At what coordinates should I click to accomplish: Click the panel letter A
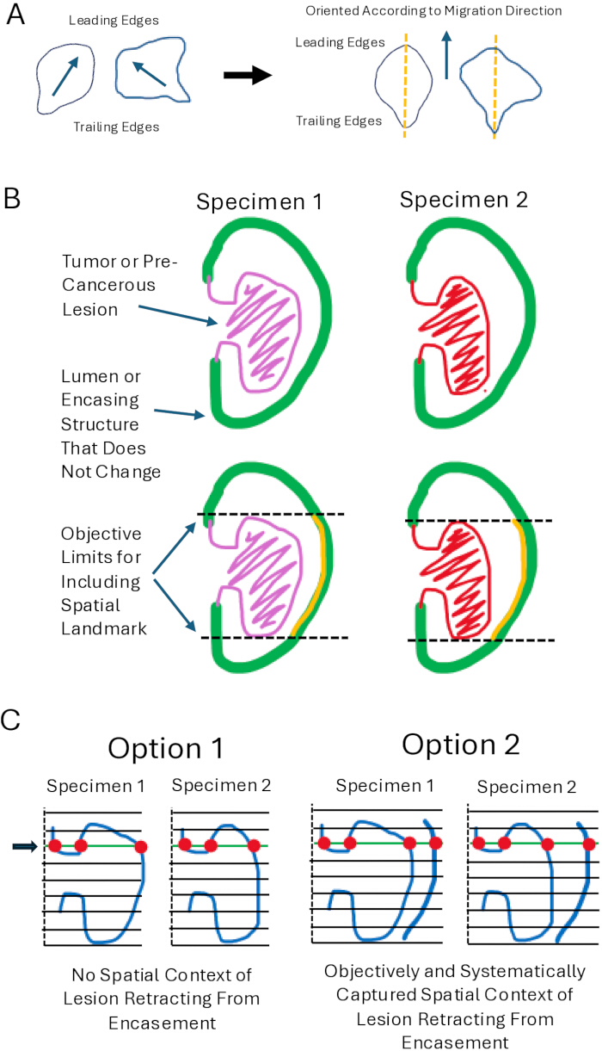pyautogui.click(x=15, y=14)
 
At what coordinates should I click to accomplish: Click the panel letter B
pyautogui.click(x=12, y=198)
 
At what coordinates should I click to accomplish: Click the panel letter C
pyautogui.click(x=11, y=720)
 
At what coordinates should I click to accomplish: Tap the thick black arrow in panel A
pyautogui.click(x=248, y=75)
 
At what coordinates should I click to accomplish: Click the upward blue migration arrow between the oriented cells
pyautogui.click(x=447, y=54)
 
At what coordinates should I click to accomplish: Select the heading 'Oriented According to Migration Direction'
pyautogui.click(x=433, y=11)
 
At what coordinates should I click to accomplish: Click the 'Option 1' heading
pyautogui.click(x=166, y=748)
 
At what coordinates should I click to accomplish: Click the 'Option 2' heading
pyautogui.click(x=461, y=745)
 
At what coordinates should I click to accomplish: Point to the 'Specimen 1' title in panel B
pyautogui.click(x=259, y=201)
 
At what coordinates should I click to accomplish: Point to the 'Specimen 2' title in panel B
pyautogui.click(x=464, y=200)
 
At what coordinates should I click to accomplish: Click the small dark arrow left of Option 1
pyautogui.click(x=25, y=846)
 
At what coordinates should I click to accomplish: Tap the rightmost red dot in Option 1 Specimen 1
pyautogui.click(x=141, y=847)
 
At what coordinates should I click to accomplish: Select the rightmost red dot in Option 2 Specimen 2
pyautogui.click(x=589, y=844)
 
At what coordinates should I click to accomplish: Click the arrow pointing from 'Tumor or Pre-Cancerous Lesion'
pyautogui.click(x=178, y=314)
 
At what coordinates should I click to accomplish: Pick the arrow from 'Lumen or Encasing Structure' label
pyautogui.click(x=180, y=413)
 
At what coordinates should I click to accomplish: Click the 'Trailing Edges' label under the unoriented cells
pyautogui.click(x=116, y=127)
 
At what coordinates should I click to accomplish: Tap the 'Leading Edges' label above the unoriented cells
pyautogui.click(x=114, y=20)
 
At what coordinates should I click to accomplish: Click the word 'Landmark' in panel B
pyautogui.click(x=104, y=628)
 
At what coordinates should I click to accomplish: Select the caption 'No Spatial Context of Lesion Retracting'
pyautogui.click(x=162, y=987)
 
